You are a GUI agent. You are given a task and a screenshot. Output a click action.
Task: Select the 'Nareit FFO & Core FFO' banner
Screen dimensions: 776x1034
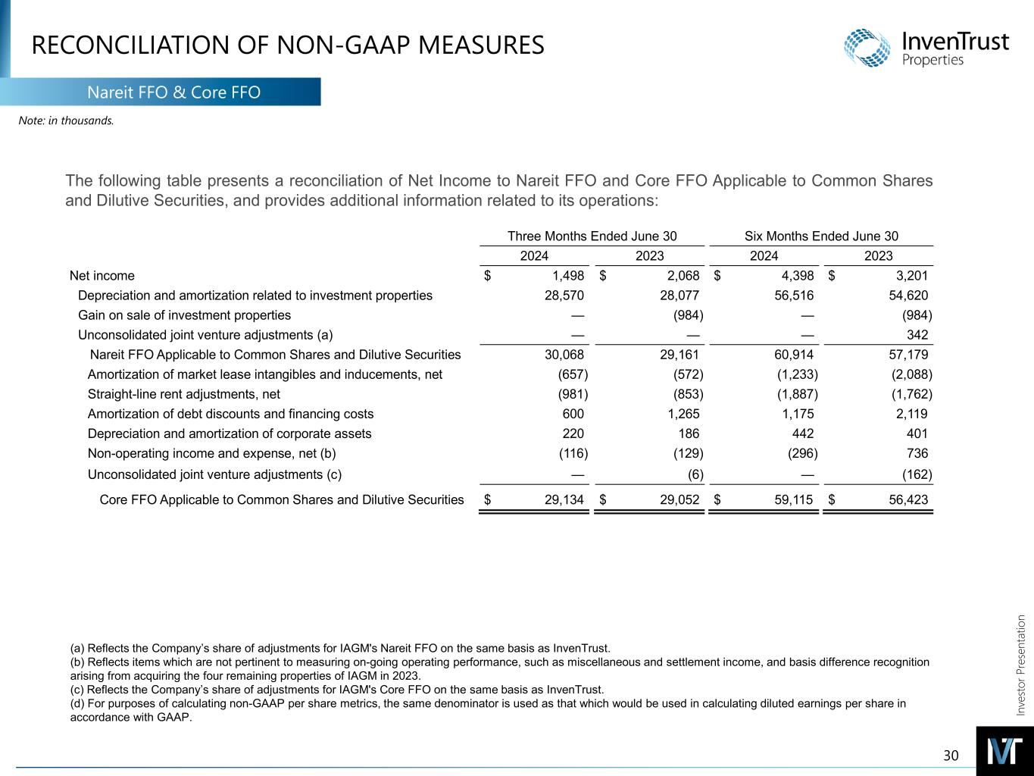tap(173, 92)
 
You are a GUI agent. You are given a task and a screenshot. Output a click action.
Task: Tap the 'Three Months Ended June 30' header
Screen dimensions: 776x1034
tap(592, 236)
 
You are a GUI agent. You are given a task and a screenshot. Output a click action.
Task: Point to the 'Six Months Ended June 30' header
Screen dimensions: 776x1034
tap(821, 236)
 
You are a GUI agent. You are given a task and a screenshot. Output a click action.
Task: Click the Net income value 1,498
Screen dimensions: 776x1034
tap(568, 276)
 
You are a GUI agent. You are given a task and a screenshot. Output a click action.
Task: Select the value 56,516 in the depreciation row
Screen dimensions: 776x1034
tap(792, 296)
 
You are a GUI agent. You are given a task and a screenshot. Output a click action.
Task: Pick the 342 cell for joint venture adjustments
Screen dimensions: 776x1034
tap(917, 335)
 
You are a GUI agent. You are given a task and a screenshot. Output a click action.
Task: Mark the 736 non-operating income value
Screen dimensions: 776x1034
tap(917, 453)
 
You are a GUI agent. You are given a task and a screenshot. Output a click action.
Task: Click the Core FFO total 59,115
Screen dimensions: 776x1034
tap(792, 499)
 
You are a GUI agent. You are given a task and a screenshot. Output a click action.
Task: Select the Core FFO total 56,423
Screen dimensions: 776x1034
tap(907, 499)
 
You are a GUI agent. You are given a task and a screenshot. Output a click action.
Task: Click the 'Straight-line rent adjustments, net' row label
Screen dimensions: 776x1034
tap(184, 394)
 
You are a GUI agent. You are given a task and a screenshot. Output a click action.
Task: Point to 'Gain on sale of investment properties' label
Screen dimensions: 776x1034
tap(184, 315)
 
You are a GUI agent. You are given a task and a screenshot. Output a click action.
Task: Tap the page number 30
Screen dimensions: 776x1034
tap(951, 755)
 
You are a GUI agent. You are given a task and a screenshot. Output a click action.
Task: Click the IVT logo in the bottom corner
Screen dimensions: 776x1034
tap(1004, 751)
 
